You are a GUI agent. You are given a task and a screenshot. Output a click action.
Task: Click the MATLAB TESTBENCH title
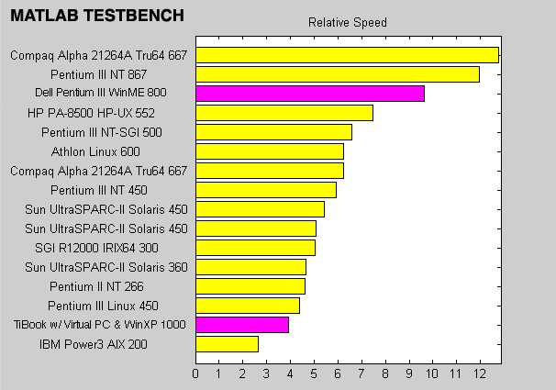coord(96,16)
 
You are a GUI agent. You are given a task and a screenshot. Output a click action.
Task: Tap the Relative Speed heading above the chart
coord(347,22)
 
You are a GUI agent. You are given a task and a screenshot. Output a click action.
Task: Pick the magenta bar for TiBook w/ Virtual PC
coord(242,325)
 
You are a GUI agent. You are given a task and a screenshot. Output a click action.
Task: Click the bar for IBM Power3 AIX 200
coord(227,344)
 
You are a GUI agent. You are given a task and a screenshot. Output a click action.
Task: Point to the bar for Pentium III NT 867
coord(338,74)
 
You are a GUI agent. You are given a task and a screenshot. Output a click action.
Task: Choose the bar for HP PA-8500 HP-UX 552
coord(284,113)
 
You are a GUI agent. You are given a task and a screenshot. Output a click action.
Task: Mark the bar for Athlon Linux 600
coord(270,151)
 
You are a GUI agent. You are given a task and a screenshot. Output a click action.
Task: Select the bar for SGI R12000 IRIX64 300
coord(255,248)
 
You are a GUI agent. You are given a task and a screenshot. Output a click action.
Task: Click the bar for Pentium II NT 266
coord(250,286)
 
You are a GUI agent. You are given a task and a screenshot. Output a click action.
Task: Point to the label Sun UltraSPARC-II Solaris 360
coord(106,267)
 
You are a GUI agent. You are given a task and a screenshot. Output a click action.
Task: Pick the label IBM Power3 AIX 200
coord(106,344)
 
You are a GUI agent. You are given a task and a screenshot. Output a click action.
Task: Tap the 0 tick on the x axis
coord(195,373)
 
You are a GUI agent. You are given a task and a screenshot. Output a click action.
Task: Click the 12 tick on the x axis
coord(479,373)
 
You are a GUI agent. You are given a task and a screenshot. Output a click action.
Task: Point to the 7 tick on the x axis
coord(361,373)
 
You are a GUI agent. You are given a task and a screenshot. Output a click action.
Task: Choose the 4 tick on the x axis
coord(290,373)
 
